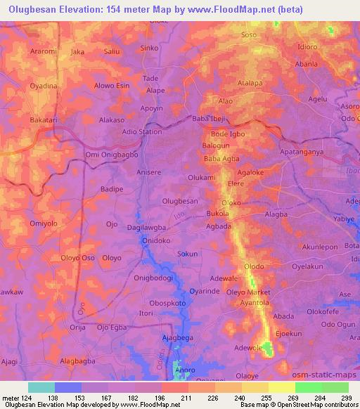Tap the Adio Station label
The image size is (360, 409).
tap(141, 131)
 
